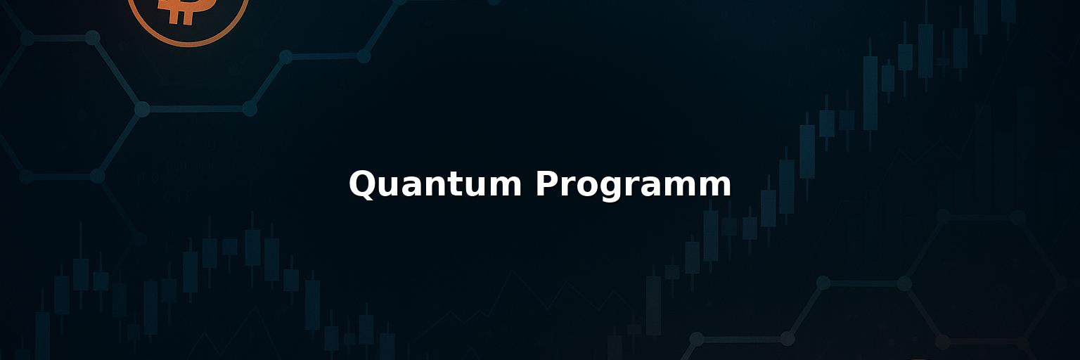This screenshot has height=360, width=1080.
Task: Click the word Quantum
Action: point(435,184)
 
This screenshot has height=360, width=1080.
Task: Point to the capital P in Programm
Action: point(548,183)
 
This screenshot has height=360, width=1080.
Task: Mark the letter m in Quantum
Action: point(505,186)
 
